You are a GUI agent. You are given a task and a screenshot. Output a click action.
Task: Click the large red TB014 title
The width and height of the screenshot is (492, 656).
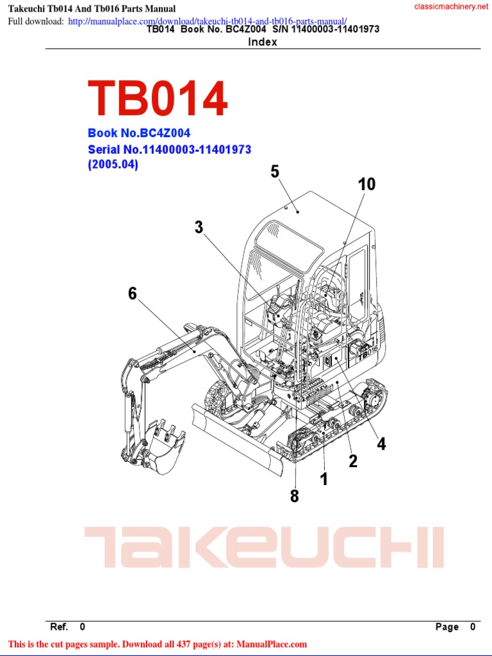[x=158, y=98]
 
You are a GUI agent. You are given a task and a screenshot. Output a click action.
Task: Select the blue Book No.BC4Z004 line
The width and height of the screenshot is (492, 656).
[x=139, y=133]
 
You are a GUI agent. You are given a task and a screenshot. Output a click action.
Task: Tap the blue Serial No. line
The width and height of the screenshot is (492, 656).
[x=169, y=149]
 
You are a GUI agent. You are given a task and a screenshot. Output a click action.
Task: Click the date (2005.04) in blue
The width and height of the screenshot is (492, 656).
[x=113, y=165]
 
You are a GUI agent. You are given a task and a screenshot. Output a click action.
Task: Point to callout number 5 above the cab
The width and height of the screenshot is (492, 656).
[x=275, y=172]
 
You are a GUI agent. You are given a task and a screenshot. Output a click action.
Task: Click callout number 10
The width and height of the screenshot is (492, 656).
[x=366, y=184]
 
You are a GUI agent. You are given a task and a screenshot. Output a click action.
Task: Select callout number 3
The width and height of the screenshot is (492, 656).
[x=199, y=227]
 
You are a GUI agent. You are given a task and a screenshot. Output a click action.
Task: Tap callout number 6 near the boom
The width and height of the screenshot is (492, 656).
[x=133, y=293]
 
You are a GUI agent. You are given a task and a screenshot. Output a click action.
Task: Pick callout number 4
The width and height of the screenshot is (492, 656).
[x=381, y=444]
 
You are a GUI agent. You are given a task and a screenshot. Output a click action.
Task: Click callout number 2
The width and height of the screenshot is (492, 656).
[x=353, y=461]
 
